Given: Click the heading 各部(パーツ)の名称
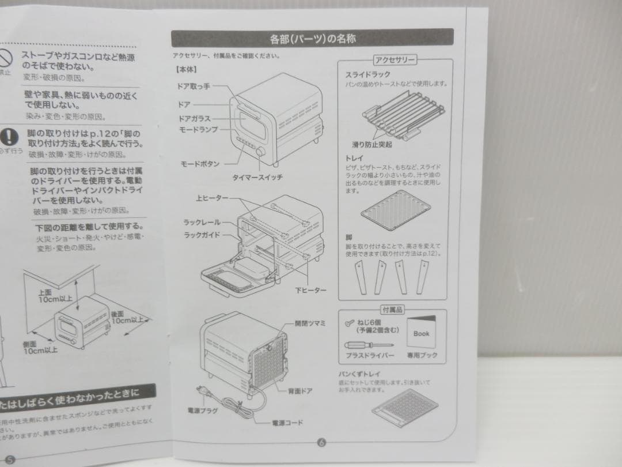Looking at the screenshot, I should point(312,39).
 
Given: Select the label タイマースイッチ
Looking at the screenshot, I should point(257,178).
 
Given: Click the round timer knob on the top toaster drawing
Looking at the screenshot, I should point(261,152).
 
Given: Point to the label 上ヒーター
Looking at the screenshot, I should point(211,198).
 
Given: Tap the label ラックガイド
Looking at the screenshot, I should point(202,235).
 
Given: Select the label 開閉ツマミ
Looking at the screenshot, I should point(309,323).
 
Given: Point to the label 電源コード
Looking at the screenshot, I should point(287,423).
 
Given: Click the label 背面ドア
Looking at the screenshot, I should point(300,391).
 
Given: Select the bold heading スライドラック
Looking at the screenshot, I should point(367,74).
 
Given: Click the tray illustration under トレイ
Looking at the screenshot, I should point(396,213).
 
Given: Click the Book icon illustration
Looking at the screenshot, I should point(421,333).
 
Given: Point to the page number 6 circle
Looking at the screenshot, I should point(321,443).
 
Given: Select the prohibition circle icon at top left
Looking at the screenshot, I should point(5,58).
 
